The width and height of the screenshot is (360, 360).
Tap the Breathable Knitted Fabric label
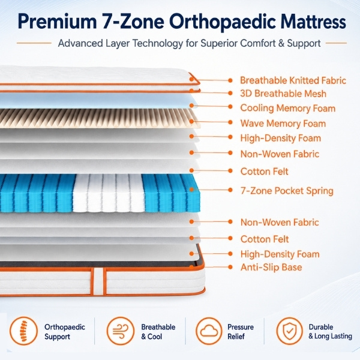[293, 80]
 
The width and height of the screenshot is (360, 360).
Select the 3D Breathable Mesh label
[283, 94]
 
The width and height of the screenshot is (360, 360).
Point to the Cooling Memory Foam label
[287, 108]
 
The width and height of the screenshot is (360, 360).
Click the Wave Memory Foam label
[283, 123]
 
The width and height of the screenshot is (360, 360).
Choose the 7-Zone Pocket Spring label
[287, 191]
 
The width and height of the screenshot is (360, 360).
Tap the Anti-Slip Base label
[271, 267]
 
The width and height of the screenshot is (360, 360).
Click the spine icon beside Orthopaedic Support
[23, 331]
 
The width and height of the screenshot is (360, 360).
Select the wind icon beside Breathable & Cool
[121, 331]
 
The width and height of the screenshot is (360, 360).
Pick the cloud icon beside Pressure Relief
[209, 331]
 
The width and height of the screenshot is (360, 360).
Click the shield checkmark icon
[290, 331]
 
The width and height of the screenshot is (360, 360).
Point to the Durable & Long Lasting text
[330, 331]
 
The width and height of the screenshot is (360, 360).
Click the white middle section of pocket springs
[109, 193]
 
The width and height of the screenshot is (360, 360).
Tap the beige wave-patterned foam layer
[99, 118]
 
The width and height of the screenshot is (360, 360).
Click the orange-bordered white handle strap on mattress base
[98, 281]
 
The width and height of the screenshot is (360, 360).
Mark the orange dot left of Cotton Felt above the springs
[192, 170]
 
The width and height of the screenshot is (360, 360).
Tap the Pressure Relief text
[241, 331]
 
